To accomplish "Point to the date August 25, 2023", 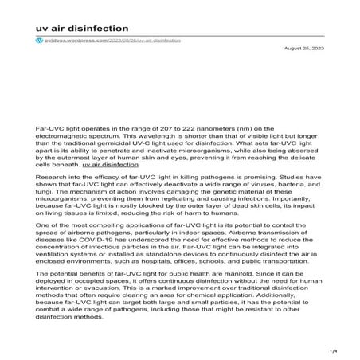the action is pos(303,49).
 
